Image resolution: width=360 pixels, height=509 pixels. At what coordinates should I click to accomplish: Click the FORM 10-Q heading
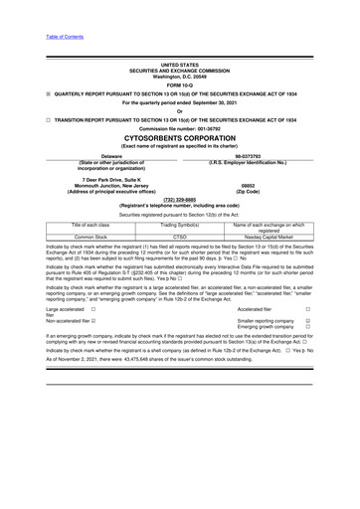pos(180,80)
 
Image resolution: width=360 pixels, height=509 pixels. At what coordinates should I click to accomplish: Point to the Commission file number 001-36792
pos(180,128)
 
